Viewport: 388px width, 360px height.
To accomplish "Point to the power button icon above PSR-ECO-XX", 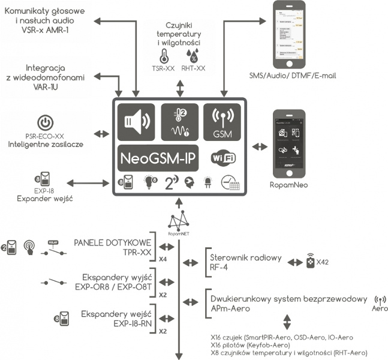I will [46, 122].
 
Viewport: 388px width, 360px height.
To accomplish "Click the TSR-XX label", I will [163, 68].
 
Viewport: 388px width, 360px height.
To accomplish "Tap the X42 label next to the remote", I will [322, 263].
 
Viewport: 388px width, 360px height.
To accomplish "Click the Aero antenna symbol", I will [379, 299].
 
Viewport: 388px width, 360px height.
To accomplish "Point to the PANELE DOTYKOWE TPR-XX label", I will [113, 248].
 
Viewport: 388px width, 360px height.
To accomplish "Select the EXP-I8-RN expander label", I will [120, 319].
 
